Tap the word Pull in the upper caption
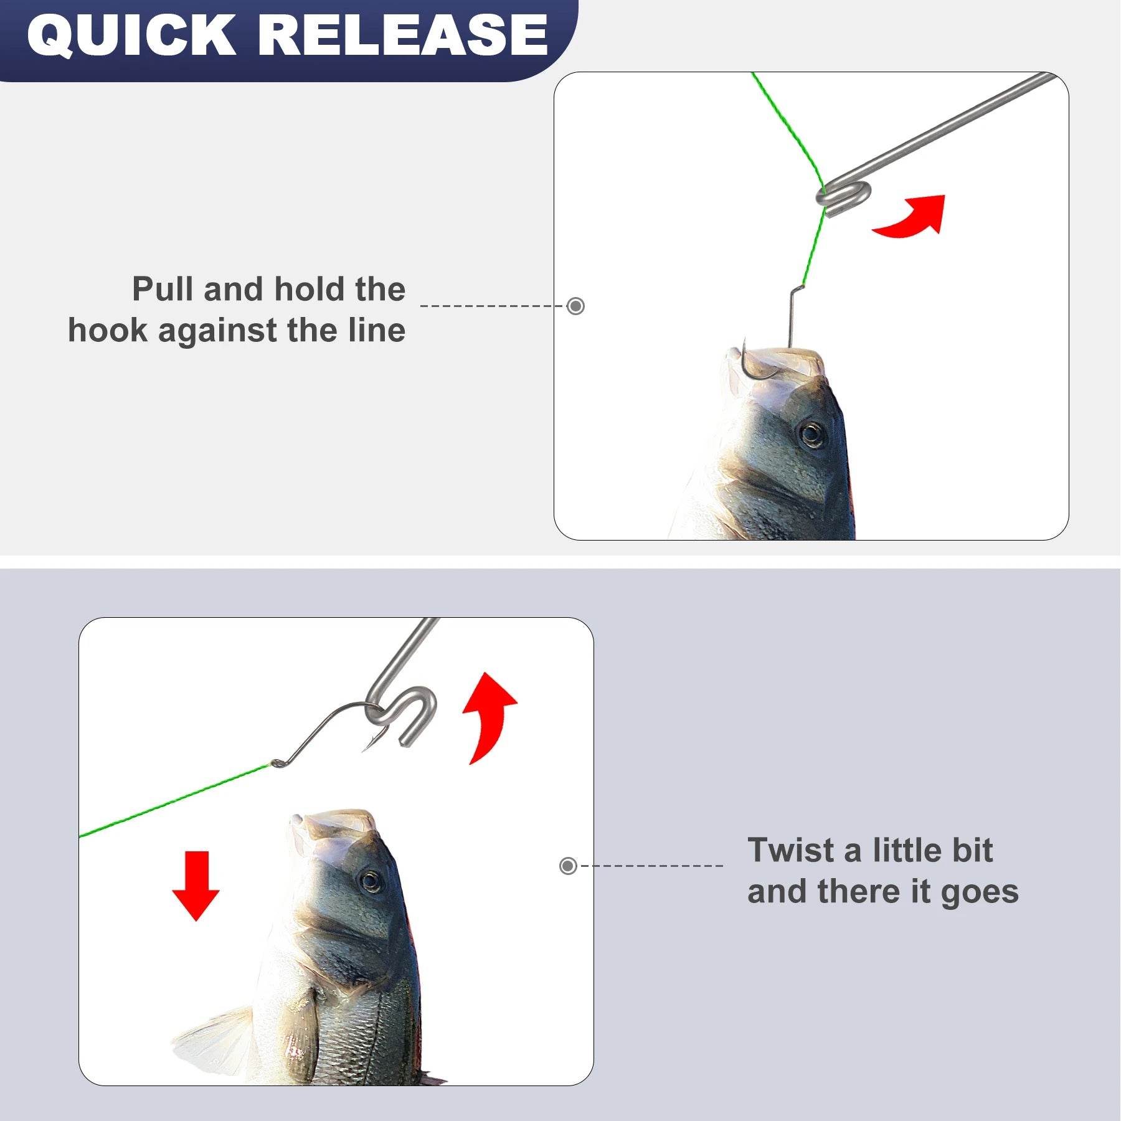[163, 290]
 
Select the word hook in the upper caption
[108, 331]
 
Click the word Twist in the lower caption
[791, 851]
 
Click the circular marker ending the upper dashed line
[576, 306]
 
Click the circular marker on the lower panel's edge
[568, 866]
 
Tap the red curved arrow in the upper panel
[912, 217]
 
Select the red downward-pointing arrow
[196, 886]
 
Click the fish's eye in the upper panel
[811, 433]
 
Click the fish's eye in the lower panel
[370, 881]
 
